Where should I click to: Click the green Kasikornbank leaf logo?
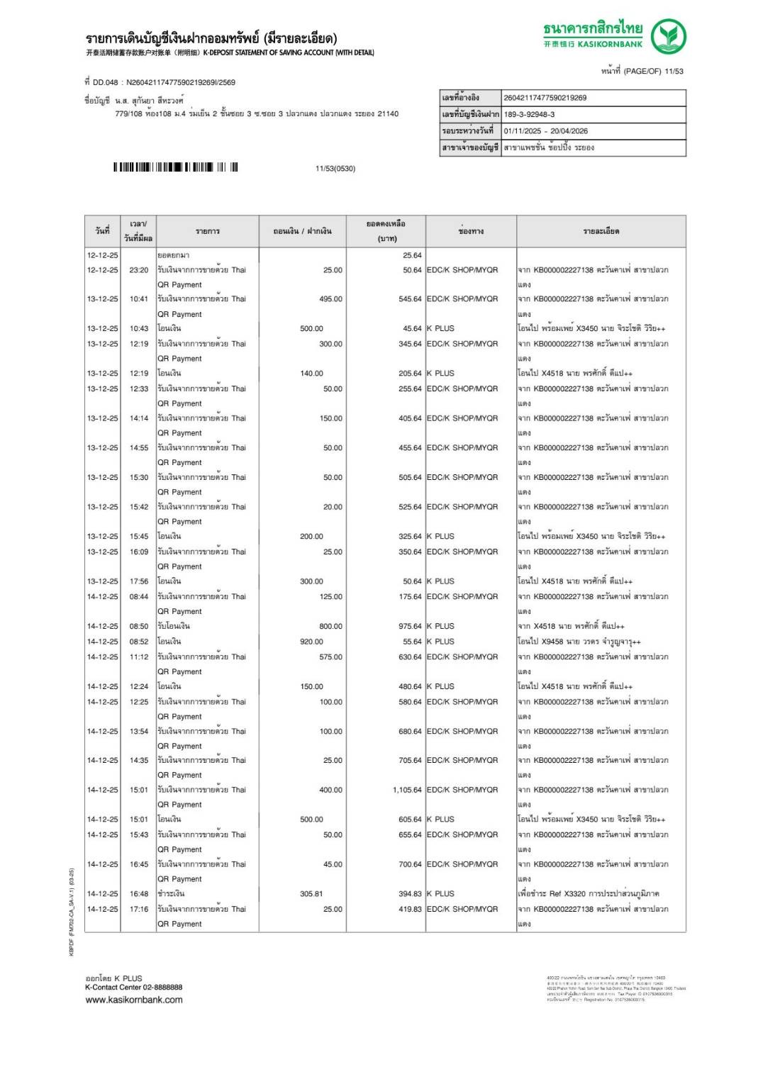tap(668, 36)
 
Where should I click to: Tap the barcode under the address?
tap(175, 167)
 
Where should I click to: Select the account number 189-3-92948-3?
tap(529, 114)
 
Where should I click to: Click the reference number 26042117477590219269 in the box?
tap(545, 98)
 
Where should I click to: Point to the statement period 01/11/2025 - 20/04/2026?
tap(545, 131)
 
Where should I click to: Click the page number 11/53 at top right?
tap(674, 71)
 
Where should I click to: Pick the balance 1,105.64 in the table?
tap(407, 790)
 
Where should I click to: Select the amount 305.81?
tap(311, 894)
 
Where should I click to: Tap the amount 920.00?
tap(311, 642)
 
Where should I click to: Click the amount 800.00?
tap(330, 627)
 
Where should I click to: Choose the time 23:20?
tap(139, 270)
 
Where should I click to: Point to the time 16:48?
tap(139, 894)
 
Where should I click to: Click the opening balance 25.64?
tap(412, 255)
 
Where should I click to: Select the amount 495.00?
tap(330, 299)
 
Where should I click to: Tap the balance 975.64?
tap(410, 627)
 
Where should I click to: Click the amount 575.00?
tap(330, 657)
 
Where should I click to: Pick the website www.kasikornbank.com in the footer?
tap(134, 1000)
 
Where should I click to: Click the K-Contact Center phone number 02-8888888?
tap(162, 987)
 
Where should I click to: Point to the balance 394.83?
tap(410, 894)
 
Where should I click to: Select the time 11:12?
tap(139, 657)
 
